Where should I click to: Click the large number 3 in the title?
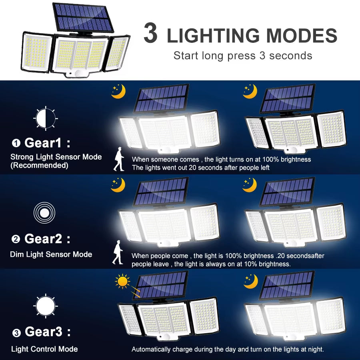click(x=150, y=34)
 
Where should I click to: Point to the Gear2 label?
click(x=43, y=239)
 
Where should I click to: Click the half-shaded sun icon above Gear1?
click(x=45, y=118)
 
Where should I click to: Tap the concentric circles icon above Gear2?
click(x=44, y=212)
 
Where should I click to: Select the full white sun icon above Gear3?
click(x=45, y=306)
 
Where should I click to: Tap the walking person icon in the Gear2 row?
click(x=118, y=252)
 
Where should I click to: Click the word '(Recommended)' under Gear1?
click(x=39, y=165)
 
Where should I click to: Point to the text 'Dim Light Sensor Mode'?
click(x=51, y=254)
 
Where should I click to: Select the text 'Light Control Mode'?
click(x=44, y=349)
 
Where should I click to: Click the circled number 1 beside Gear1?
click(x=16, y=143)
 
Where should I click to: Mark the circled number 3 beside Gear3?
click(x=16, y=333)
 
